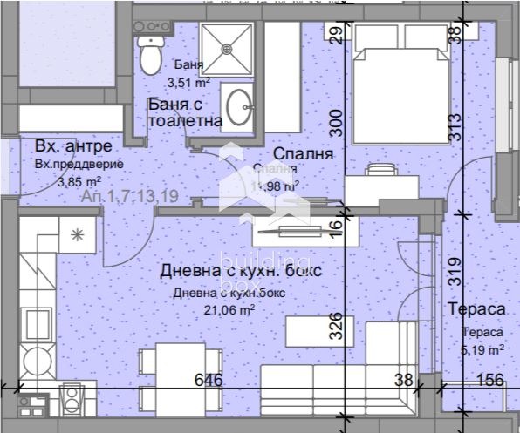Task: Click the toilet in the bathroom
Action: point(151,54)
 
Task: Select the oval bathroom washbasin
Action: point(237,106)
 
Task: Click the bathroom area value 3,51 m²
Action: point(188,84)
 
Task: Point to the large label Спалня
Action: point(298,153)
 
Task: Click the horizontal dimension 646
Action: point(210,381)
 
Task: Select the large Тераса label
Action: point(476,310)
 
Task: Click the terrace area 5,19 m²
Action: point(482,349)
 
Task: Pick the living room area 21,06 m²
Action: point(228,308)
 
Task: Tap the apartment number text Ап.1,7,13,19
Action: point(130,197)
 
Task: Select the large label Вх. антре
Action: point(73,145)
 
